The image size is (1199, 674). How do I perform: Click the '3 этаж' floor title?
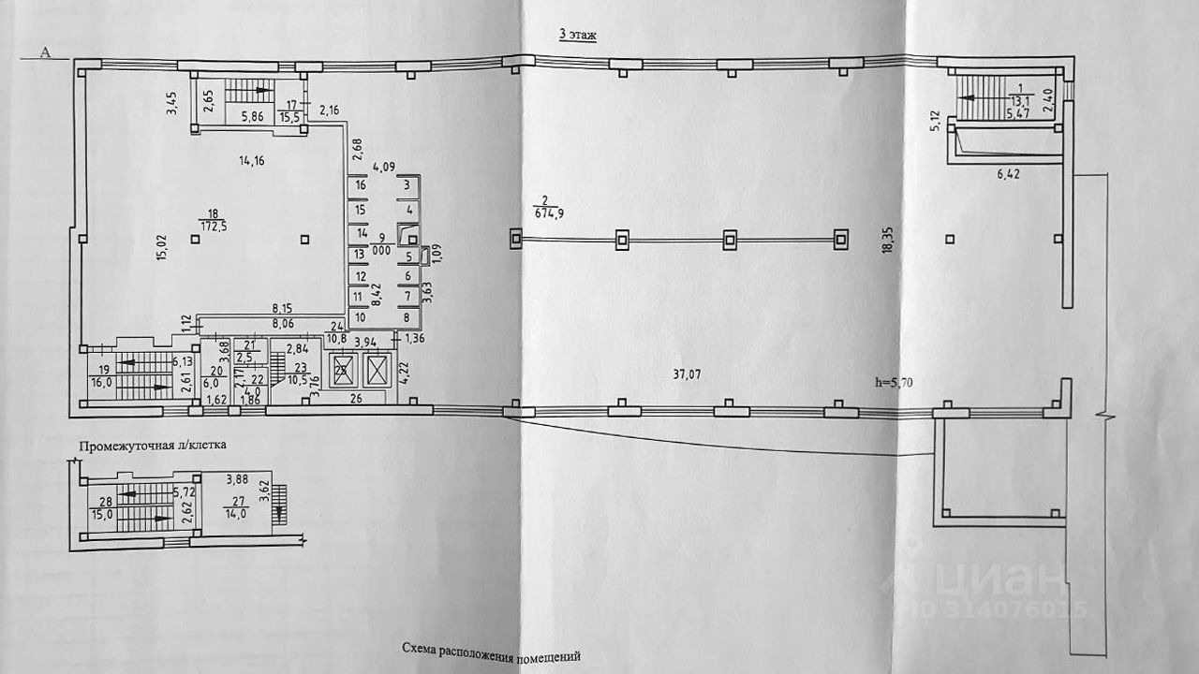click(x=578, y=35)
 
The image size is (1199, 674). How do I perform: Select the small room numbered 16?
click(x=360, y=186)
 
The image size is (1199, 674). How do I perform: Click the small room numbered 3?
click(x=406, y=186)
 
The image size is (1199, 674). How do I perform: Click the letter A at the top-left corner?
click(x=44, y=52)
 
